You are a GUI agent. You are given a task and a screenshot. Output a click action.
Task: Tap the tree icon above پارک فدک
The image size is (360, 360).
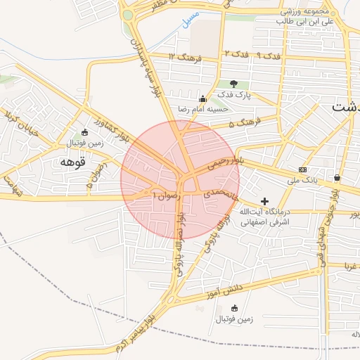[234, 84]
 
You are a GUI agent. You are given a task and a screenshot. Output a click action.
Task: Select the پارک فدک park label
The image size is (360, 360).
[234, 94]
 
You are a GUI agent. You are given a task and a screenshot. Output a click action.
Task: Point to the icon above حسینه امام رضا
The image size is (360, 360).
[204, 99]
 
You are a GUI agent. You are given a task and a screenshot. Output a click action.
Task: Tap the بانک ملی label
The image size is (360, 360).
[303, 181]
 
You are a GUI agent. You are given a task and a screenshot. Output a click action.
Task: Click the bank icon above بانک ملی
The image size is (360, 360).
[303, 169]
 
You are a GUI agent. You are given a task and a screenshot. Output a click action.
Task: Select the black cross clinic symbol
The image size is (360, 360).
[264, 201]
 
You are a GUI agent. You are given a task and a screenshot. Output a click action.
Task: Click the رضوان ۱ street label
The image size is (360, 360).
[167, 195]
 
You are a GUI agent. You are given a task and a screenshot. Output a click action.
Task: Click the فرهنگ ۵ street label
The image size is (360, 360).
[250, 122]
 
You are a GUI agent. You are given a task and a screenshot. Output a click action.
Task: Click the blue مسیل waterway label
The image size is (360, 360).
[188, 18]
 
